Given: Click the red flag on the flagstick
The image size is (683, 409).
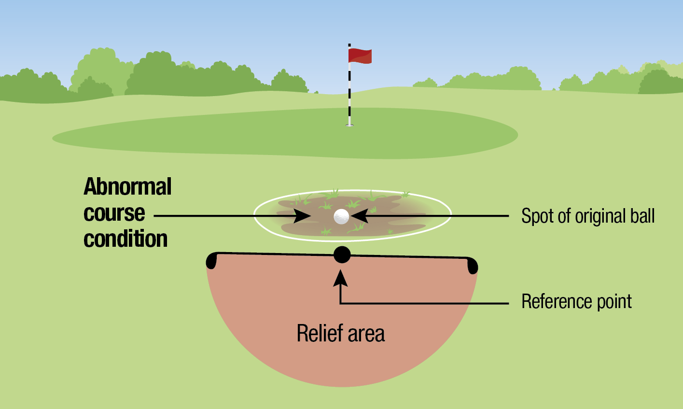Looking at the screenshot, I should pos(360,56).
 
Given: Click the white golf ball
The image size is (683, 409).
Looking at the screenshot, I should pos(341,216).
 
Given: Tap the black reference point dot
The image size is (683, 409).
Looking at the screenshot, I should pos(342,254).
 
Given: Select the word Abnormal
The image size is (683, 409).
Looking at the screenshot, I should pos(127,186).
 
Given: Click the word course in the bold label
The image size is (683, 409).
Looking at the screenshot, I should pos(114,213).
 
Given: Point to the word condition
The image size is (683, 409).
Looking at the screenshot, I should pos(125,239).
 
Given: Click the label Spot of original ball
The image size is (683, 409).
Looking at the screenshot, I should pos(587,216).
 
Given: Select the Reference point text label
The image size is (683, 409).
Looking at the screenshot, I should pos(576,302).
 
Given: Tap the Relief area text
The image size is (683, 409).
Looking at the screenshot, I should pos(341,334).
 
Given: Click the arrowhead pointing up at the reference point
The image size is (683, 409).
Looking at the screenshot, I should pos(341,277).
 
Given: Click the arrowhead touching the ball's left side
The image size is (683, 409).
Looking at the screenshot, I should pos(304,216).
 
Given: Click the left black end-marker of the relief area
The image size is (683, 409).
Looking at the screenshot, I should pos(211,261).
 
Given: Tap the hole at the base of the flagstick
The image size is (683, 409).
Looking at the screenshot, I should pos(349,126).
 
